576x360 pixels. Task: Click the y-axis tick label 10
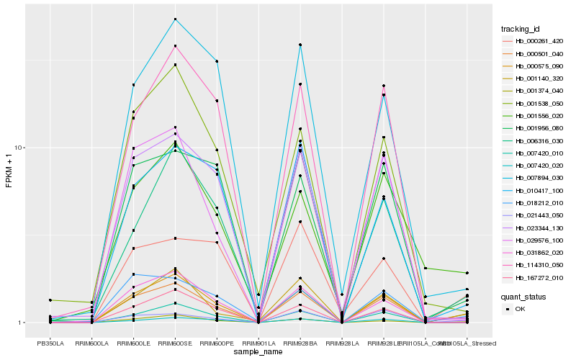point(21,148)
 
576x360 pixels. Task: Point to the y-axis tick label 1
point(23,323)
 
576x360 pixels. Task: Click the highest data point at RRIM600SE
point(175,19)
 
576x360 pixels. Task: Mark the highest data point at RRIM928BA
point(300,45)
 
